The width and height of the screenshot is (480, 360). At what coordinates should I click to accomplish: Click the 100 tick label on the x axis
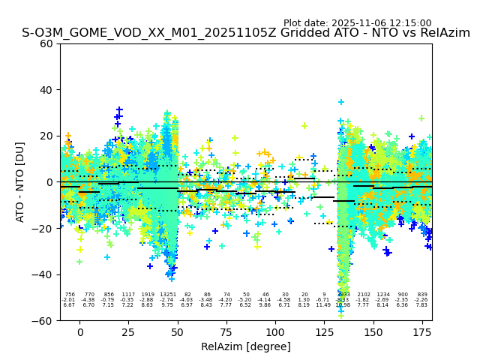[x=275, y=333]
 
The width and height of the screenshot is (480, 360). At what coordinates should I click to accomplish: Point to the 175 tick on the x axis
[x=422, y=320]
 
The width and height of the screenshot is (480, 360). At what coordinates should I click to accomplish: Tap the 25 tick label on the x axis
[x=128, y=333]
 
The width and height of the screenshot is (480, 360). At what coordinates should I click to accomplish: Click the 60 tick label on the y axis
[x=46, y=43]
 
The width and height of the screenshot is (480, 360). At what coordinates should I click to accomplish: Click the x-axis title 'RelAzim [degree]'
[x=245, y=346]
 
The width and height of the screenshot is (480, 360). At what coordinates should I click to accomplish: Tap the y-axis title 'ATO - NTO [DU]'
[x=20, y=182]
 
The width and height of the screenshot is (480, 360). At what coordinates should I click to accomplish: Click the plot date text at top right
[x=357, y=23]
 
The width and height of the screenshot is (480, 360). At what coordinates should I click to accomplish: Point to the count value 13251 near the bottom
[x=168, y=295]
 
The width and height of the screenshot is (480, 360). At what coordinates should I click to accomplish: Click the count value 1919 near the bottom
[x=148, y=295]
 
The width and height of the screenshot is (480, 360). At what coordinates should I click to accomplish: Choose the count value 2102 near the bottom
[x=364, y=295]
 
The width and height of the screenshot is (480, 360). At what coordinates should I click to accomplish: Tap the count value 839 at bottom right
[x=422, y=295]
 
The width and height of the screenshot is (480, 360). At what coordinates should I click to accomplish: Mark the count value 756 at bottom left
[x=70, y=295]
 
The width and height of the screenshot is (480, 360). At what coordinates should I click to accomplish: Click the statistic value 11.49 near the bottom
[x=323, y=305]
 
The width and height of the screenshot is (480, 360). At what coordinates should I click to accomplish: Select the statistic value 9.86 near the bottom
[x=265, y=305]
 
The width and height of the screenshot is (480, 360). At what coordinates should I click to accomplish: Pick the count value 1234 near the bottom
[x=383, y=295]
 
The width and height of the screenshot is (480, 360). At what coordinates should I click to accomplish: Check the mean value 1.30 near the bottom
[x=304, y=300]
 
